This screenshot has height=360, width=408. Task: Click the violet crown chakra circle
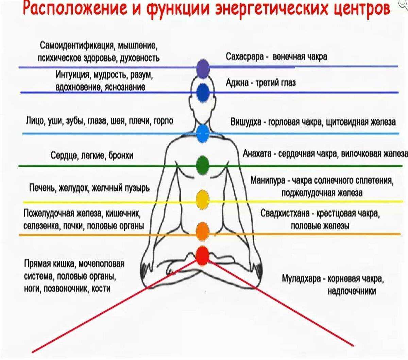click(x=203, y=69)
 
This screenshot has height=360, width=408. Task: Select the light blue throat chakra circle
click(x=203, y=134)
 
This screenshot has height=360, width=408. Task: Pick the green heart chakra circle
click(x=203, y=166)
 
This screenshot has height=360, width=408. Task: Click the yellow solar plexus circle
click(x=203, y=200)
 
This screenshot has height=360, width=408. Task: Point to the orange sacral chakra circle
click(x=203, y=232)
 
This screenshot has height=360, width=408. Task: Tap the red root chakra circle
click(x=203, y=256)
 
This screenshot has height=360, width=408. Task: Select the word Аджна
click(x=237, y=83)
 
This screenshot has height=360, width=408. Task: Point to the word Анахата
click(x=257, y=154)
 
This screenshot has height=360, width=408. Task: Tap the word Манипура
click(x=268, y=181)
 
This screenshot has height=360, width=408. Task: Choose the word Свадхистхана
click(x=285, y=213)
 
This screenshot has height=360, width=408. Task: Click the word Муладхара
click(x=301, y=279)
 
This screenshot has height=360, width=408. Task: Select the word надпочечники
click(x=352, y=291)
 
